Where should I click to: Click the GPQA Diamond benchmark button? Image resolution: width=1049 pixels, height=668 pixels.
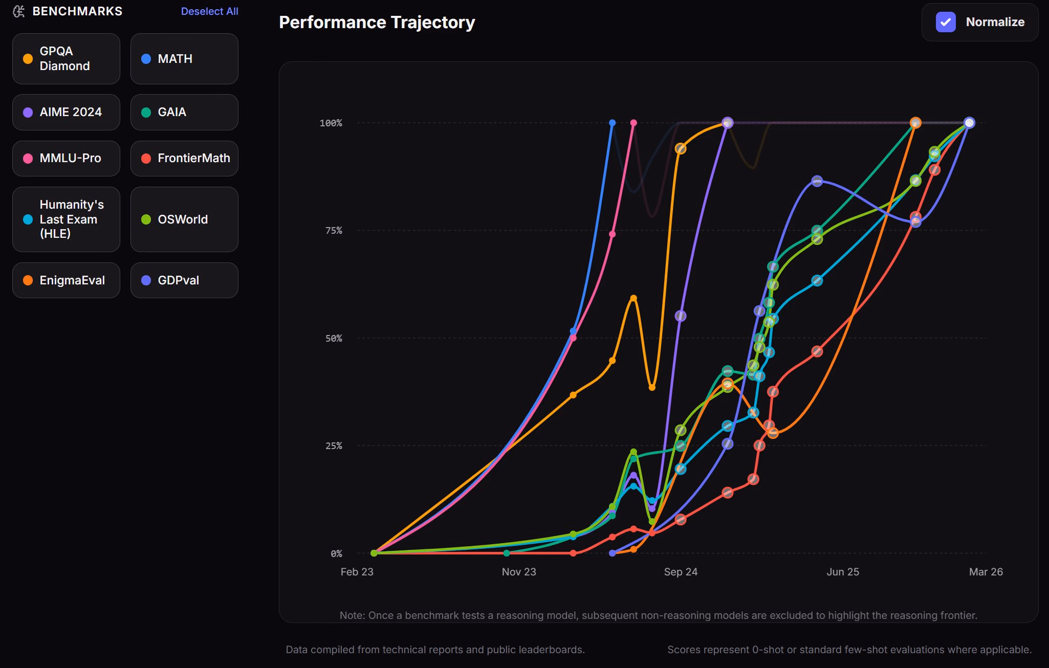66,59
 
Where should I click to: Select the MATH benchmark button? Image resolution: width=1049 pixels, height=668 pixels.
184,59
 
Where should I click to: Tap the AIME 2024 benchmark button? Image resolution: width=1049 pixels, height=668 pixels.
66,112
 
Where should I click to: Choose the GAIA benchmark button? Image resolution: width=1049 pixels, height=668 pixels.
184,112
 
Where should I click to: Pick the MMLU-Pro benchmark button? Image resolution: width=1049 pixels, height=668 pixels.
66,159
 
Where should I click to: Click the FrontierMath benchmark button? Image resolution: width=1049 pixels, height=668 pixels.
184,159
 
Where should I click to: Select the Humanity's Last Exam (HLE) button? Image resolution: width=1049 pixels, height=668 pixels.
66,219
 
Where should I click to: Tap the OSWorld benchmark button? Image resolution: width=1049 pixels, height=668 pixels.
184,219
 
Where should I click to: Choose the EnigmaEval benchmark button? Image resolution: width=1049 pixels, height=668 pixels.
66,280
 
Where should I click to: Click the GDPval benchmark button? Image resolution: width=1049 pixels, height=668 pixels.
184,280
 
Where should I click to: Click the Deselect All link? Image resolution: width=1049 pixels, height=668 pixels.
209,11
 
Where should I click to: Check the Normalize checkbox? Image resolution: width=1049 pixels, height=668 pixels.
946,22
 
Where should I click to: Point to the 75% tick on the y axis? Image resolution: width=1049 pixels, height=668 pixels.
334,231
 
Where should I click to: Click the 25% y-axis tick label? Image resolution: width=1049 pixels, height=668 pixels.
334,446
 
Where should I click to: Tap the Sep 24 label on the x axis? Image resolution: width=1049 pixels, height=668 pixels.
681,572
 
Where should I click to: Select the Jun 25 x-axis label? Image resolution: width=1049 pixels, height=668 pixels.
843,572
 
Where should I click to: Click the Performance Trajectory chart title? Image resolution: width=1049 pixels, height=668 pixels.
377,23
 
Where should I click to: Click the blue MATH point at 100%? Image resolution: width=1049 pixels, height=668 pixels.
612,123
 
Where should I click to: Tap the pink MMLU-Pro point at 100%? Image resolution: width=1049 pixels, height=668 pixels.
633,123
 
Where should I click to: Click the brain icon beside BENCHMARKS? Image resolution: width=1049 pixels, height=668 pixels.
19,11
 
